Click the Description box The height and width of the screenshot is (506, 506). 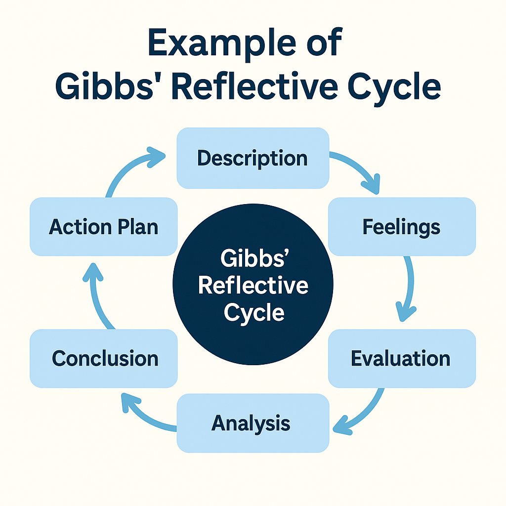(x=253, y=158)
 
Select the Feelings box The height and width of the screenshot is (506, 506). (x=402, y=227)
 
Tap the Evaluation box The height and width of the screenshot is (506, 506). (x=402, y=358)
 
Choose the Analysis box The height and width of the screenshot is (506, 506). (x=253, y=423)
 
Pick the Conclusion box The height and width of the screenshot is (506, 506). (x=104, y=358)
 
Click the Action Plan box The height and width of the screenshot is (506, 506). (x=104, y=227)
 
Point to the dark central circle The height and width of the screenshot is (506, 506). (x=253, y=257)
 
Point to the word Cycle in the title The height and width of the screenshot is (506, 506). (x=398, y=88)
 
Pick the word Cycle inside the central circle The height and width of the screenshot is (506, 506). (x=253, y=312)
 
